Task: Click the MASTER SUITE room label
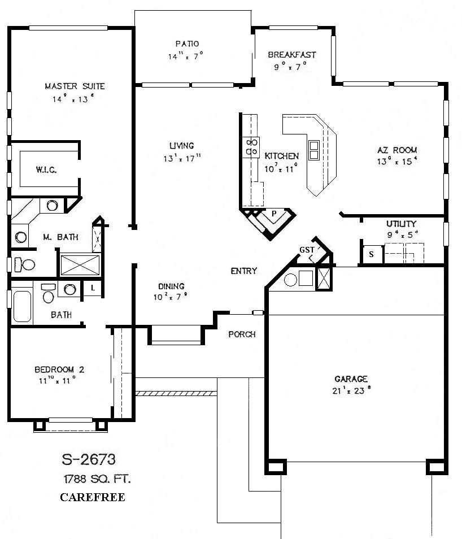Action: pyautogui.click(x=75, y=86)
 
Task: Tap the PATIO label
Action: pyautogui.click(x=187, y=44)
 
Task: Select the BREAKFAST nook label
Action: pyautogui.click(x=291, y=55)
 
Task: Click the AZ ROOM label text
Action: pyautogui.click(x=397, y=150)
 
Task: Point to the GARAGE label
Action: pyautogui.click(x=351, y=379)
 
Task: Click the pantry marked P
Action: pyautogui.click(x=273, y=214)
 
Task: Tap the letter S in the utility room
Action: pyautogui.click(x=371, y=254)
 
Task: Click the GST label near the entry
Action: pyautogui.click(x=307, y=250)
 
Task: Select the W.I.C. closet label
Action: pyautogui.click(x=46, y=169)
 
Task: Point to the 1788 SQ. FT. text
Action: pyautogui.click(x=97, y=480)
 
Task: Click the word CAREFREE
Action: pyautogui.click(x=92, y=498)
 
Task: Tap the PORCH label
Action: pyautogui.click(x=242, y=334)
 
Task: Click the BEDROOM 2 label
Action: pyautogui.click(x=59, y=370)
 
